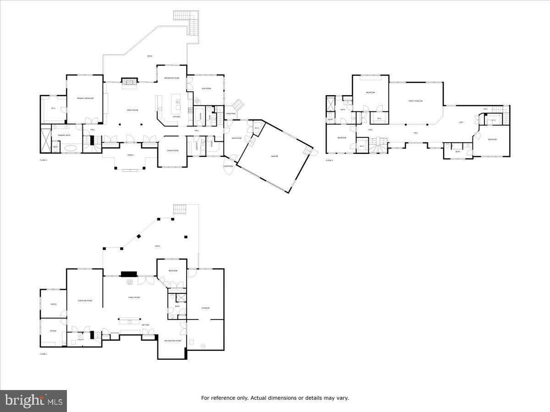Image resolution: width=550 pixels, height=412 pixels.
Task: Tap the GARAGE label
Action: click(x=275, y=157)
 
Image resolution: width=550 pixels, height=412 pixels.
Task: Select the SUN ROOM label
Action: click(x=206, y=88)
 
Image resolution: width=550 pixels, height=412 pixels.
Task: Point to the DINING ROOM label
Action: click(x=173, y=151)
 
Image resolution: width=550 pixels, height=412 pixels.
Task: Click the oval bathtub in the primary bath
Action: click(x=70, y=148)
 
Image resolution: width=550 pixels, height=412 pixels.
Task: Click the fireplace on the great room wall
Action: click(x=129, y=81)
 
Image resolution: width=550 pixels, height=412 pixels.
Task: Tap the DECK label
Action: click(x=149, y=56)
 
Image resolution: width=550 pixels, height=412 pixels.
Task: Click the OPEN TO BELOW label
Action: click(x=416, y=101)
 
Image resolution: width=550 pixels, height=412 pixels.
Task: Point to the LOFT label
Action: click(x=461, y=122)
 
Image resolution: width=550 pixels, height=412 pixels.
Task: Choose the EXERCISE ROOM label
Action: click(x=85, y=300)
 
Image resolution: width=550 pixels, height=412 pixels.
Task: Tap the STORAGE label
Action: click(x=205, y=308)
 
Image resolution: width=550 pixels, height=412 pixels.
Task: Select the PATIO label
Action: click(x=157, y=246)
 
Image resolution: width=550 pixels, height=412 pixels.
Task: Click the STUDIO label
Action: click(x=53, y=331)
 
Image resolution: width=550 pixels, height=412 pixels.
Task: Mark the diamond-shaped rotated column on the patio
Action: click(x=138, y=237)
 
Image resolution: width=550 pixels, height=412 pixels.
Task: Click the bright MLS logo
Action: click(x=33, y=401)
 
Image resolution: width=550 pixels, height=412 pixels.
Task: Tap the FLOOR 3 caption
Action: click(x=330, y=160)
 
